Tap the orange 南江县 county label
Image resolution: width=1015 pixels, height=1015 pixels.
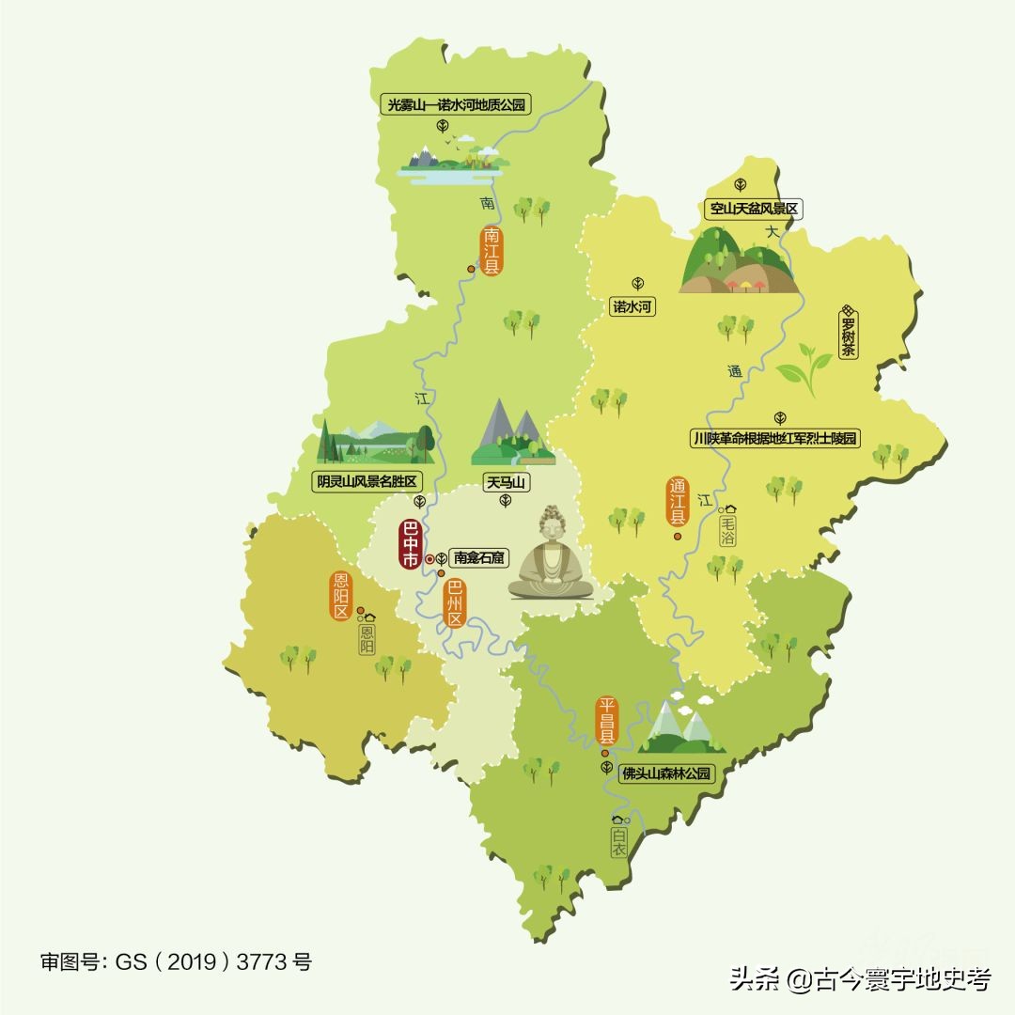pos(492,250)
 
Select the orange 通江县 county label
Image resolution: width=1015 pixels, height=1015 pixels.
pos(678,505)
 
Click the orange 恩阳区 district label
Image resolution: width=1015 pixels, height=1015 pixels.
pos(340,597)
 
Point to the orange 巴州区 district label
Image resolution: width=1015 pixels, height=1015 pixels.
pos(455,603)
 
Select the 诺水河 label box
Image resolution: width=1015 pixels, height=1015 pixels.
pos(632,306)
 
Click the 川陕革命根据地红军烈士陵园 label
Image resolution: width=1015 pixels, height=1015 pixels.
pos(775,438)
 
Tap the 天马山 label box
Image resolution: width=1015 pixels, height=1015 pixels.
pos(505,483)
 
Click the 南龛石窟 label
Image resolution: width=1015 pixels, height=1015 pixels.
pos(479,557)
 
